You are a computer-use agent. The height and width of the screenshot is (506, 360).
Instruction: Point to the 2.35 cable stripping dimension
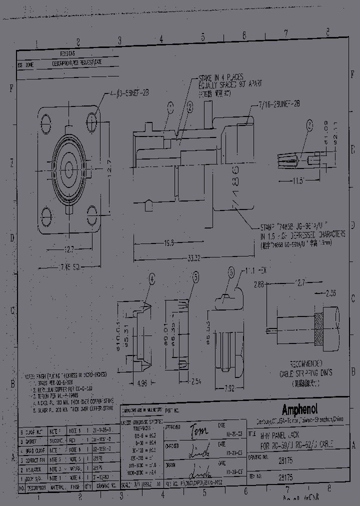click(x=330, y=293)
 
